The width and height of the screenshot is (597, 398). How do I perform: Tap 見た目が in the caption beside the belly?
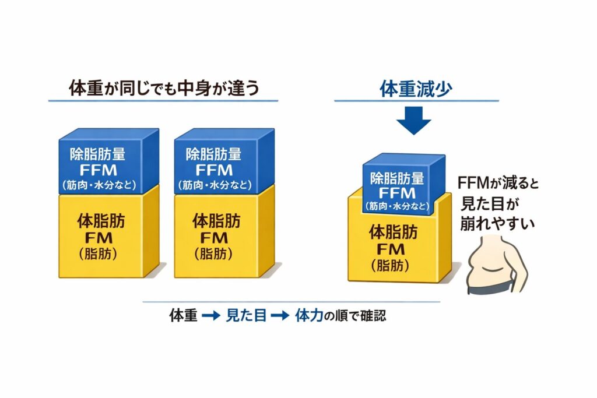tap(490, 203)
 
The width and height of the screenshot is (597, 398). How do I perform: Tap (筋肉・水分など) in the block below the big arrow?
tap(400, 206)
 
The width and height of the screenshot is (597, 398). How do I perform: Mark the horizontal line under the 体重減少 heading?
tap(416, 101)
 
